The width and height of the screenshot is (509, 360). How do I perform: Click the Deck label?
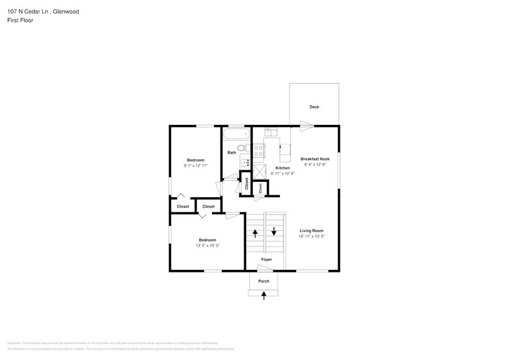[x=314, y=107]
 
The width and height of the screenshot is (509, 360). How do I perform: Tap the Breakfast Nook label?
[x=315, y=159]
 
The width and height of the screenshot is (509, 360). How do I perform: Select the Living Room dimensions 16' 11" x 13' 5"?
[x=311, y=236]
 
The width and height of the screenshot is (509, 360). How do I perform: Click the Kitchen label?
[x=282, y=168]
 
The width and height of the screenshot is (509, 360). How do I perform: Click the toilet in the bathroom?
[x=243, y=148]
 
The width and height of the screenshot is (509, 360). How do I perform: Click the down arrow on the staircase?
[x=274, y=232]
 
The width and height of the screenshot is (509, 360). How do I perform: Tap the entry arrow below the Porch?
[x=264, y=296]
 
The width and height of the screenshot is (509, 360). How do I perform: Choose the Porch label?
[x=263, y=281]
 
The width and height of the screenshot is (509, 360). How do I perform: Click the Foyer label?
[x=266, y=260]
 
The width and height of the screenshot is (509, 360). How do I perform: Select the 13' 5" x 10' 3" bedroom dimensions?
[x=206, y=246]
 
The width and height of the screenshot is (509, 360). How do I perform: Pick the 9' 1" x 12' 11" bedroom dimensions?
[x=195, y=166]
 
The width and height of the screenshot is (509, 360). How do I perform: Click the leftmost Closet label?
[x=183, y=206]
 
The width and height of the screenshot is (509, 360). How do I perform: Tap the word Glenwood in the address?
[x=66, y=12]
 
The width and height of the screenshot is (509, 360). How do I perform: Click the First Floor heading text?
[x=21, y=20]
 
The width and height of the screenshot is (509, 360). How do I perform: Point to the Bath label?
[x=232, y=152]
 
